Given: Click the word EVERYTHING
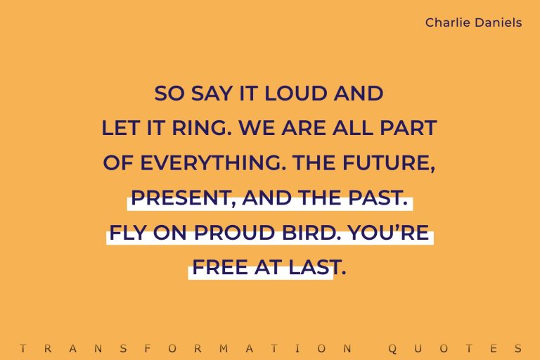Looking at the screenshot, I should [212, 163].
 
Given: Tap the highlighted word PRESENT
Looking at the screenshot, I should [181, 198].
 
